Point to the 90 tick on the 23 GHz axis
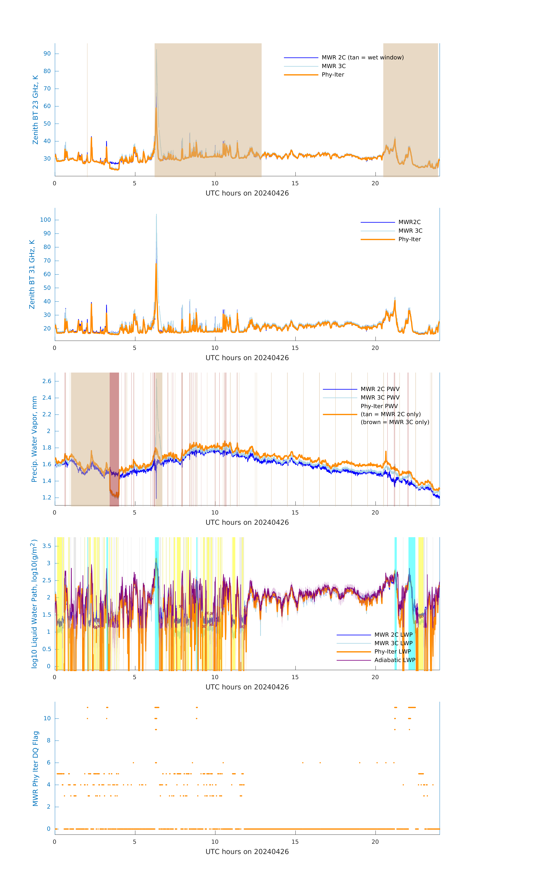[x=47, y=54]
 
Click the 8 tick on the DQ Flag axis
[x=48, y=741]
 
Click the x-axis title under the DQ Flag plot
[x=247, y=852]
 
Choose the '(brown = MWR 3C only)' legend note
[x=395, y=422]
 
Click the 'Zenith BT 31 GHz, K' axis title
[x=32, y=274]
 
